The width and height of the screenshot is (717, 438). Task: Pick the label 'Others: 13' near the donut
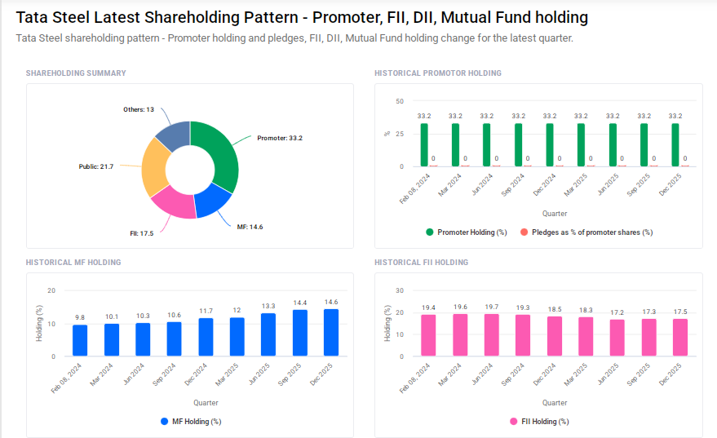[139, 109]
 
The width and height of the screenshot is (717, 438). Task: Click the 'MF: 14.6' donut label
[250, 226]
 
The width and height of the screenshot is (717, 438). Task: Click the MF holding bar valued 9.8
[80, 340]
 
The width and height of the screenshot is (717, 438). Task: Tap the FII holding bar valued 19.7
[492, 335]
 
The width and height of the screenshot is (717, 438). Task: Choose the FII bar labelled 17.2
[617, 338]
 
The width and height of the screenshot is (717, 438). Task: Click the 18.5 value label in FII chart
[555, 310]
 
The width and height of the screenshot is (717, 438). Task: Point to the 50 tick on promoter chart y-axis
[399, 101]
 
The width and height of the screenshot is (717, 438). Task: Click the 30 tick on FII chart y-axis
[399, 290]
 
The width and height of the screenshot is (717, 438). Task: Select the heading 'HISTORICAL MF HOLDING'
[73, 263]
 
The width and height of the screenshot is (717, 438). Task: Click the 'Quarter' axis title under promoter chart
[555, 214]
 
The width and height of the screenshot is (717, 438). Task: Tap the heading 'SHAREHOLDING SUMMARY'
[76, 73]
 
